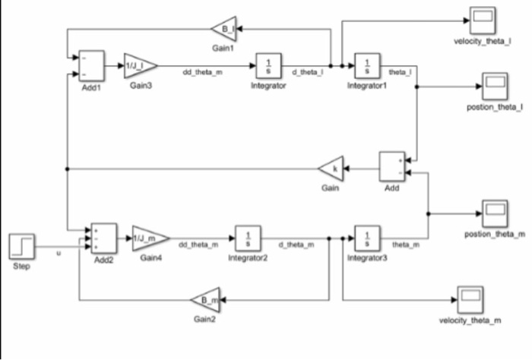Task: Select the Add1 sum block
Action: [91, 66]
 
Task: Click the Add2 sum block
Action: [103, 238]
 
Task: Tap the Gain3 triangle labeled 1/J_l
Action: [138, 65]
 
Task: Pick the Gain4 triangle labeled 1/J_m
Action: [147, 238]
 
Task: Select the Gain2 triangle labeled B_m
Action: [204, 299]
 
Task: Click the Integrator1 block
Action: [367, 66]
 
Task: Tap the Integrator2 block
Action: [248, 238]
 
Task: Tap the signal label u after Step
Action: [59, 252]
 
